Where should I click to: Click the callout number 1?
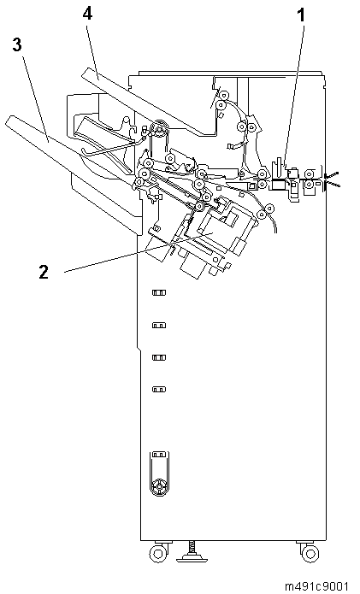[300, 16]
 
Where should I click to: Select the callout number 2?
[44, 272]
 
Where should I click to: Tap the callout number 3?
[16, 45]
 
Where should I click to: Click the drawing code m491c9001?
[316, 586]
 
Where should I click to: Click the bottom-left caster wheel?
[158, 554]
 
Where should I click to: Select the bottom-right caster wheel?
[310, 554]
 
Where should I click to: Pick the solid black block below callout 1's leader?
[278, 185]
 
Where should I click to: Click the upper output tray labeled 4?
[148, 103]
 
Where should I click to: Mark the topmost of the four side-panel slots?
[159, 292]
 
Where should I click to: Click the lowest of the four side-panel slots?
[159, 389]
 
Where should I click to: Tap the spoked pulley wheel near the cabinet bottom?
[159, 485]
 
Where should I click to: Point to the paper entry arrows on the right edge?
[333, 179]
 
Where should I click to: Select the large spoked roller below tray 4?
[158, 129]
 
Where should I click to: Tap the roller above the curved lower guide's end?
[269, 208]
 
